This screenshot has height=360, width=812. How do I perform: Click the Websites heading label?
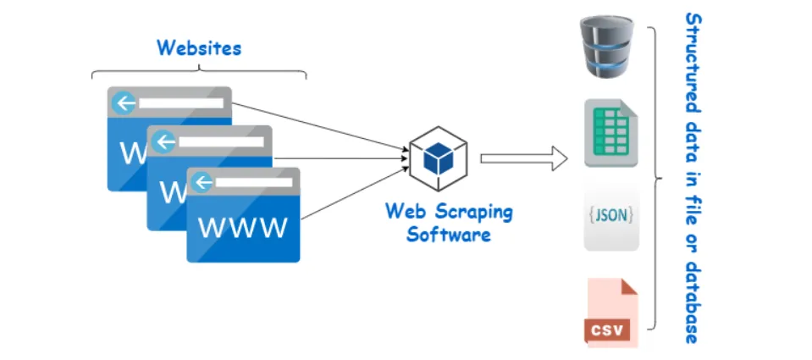pyautogui.click(x=199, y=47)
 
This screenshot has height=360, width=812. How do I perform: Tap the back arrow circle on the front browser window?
pyautogui.click(x=202, y=181)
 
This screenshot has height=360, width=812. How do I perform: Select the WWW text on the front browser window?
pyautogui.click(x=242, y=227)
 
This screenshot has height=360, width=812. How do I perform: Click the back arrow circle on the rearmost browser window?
pyautogui.click(x=126, y=103)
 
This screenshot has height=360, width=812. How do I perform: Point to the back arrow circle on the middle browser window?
pyautogui.click(x=164, y=142)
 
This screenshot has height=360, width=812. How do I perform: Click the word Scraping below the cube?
pyautogui.click(x=473, y=211)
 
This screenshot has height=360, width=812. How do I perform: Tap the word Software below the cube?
pyautogui.click(x=449, y=234)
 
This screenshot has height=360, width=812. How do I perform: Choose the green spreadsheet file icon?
pyautogui.click(x=610, y=134)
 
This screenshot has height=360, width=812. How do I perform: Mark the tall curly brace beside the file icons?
pyautogui.click(x=656, y=178)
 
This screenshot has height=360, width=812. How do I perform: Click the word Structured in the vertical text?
pyautogui.click(x=693, y=63)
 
